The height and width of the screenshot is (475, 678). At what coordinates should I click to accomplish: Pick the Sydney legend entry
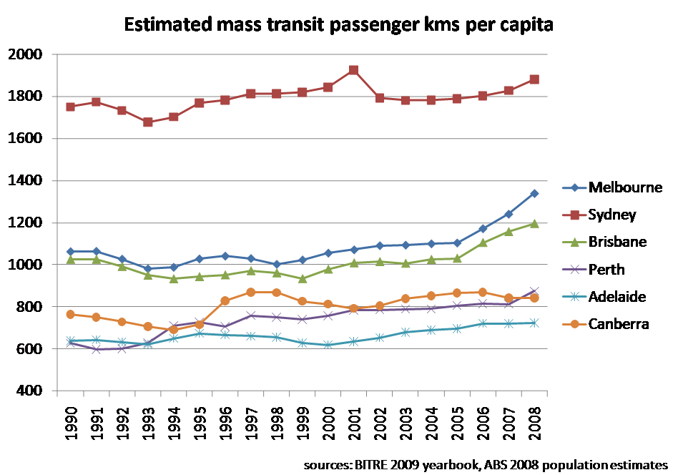tap(612, 215)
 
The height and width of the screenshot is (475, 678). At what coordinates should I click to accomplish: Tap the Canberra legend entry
tap(618, 324)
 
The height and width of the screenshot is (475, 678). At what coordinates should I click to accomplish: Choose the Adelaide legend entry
tap(618, 297)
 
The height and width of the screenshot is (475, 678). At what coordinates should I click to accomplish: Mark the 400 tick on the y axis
tap(31, 391)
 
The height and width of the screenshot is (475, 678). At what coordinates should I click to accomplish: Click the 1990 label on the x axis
tap(70, 425)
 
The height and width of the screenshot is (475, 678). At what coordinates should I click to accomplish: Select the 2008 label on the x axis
tap(534, 425)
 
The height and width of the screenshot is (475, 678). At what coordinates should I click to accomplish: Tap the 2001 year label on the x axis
tap(353, 425)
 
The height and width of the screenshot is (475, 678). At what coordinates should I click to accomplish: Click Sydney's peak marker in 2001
tap(353, 70)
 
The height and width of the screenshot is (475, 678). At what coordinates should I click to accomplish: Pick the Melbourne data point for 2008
tap(534, 193)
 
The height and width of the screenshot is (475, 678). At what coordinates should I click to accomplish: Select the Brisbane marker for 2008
tap(534, 223)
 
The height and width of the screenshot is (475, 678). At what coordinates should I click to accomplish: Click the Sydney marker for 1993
tap(147, 122)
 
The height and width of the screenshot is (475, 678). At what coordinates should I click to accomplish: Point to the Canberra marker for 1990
tap(70, 314)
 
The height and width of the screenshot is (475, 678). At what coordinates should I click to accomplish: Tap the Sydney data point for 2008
tap(534, 79)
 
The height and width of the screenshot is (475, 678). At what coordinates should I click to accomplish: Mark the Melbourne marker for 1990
tap(70, 252)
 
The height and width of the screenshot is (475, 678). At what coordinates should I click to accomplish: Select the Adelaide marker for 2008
tap(534, 323)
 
